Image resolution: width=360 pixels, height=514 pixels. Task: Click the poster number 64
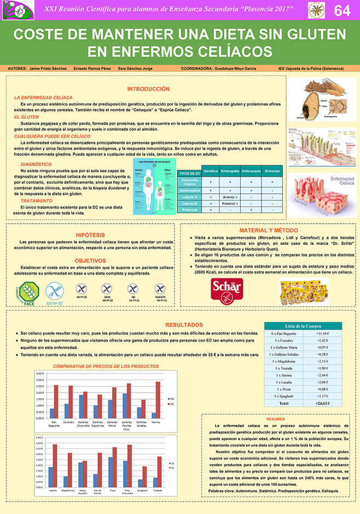342,10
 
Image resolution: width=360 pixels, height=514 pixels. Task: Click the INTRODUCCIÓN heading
148,89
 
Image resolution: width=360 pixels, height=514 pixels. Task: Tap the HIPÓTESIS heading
90,234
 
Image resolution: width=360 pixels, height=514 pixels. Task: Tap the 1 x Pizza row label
283,389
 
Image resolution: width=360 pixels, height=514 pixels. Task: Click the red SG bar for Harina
158,400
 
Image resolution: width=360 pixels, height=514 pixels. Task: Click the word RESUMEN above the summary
276,419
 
